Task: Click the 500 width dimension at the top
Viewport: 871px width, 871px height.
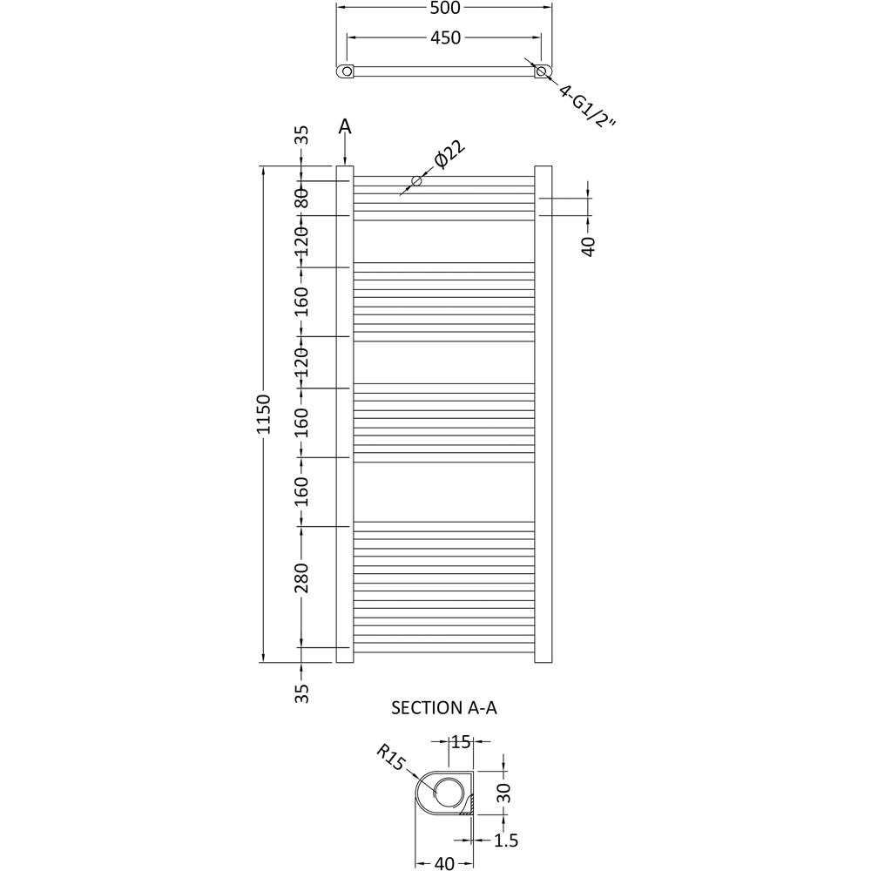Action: [x=445, y=8]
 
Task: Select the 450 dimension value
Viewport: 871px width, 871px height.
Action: [x=445, y=37]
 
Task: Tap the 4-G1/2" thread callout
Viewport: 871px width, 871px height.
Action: [x=588, y=106]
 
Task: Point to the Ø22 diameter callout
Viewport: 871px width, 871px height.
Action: [x=449, y=155]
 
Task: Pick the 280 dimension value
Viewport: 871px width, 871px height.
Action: [x=301, y=577]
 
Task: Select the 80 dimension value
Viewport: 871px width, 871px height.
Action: [x=301, y=199]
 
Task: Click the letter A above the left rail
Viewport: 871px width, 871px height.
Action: [x=345, y=127]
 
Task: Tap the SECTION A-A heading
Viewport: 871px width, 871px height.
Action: [x=444, y=707]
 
